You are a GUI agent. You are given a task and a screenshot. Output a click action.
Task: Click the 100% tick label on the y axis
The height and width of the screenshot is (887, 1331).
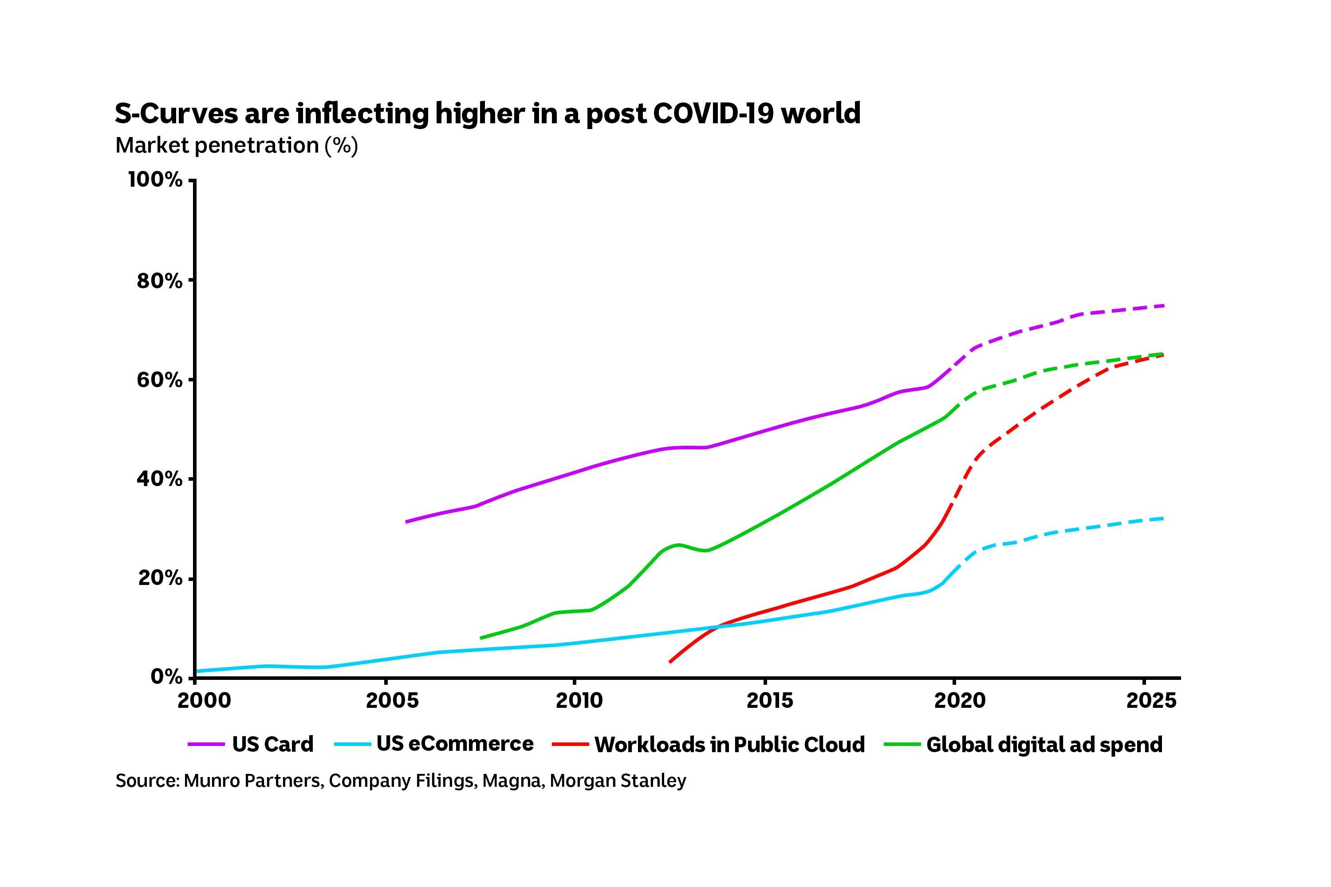(x=155, y=180)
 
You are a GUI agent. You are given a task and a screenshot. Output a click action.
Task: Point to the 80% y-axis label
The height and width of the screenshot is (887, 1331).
(x=159, y=281)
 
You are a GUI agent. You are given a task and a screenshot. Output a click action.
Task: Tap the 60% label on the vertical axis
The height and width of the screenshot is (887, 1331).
(x=159, y=380)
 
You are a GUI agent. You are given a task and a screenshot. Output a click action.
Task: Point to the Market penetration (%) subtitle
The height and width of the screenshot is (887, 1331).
(x=236, y=145)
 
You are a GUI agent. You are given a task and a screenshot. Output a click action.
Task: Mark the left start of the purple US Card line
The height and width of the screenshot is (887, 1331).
(x=407, y=522)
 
